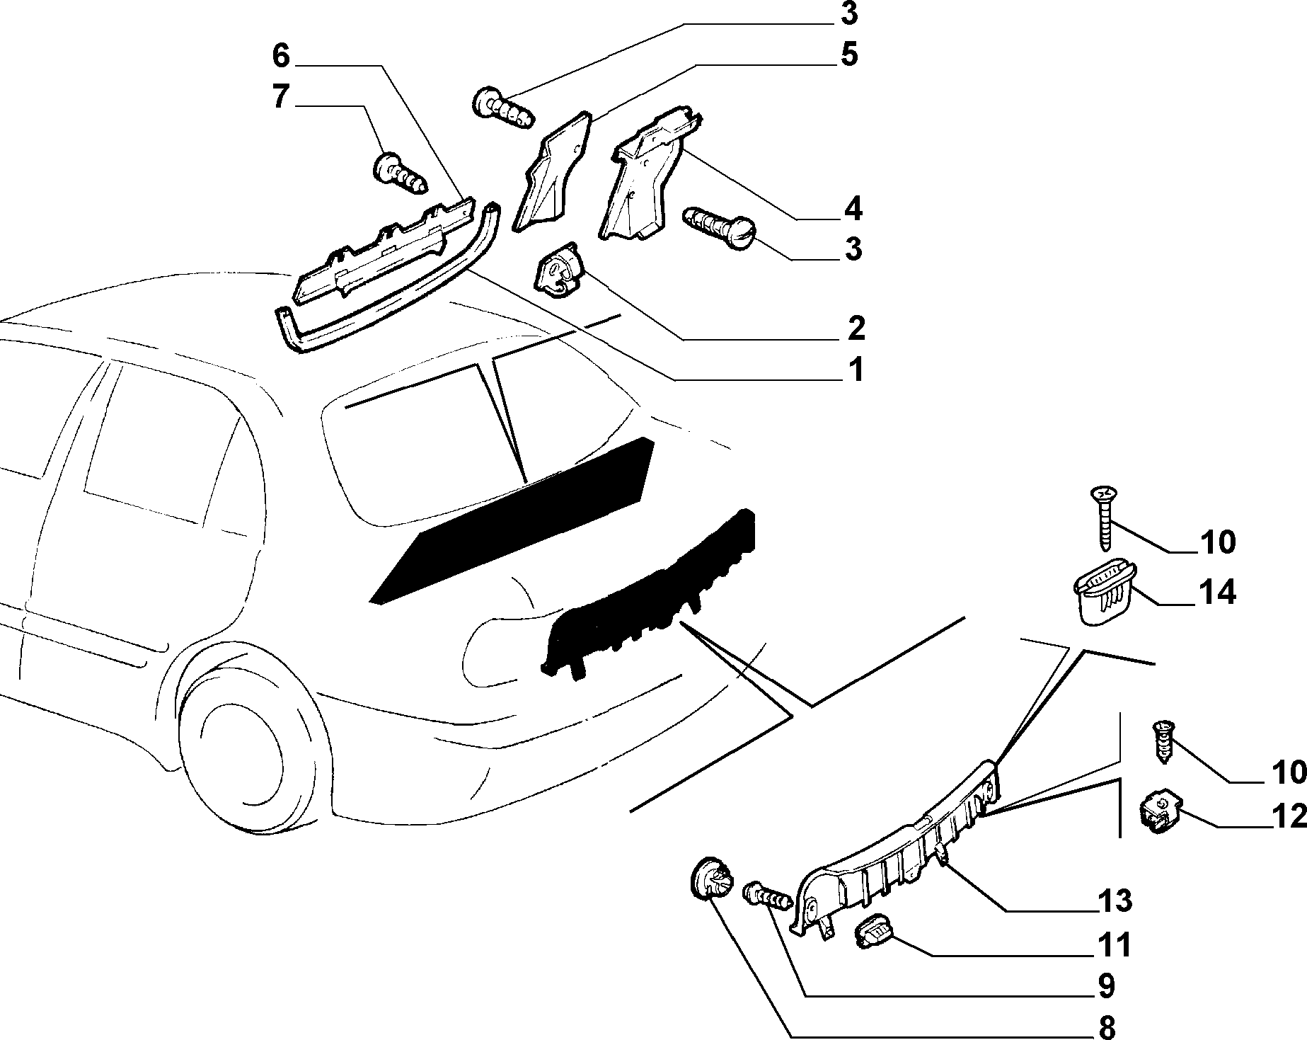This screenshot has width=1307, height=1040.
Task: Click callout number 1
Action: point(856,369)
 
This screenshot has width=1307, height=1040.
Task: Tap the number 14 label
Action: point(1216,592)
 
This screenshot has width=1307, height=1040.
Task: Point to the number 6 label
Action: point(281,56)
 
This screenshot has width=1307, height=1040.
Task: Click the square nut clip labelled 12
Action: point(1158,815)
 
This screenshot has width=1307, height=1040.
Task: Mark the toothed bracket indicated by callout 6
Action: point(382,251)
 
